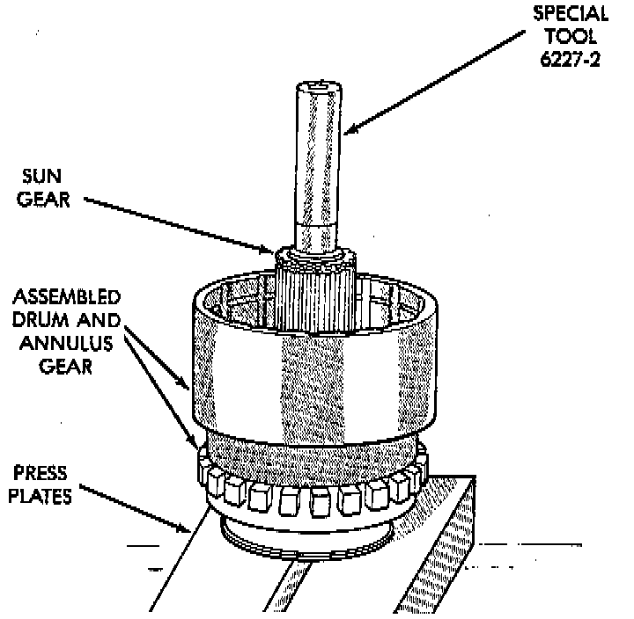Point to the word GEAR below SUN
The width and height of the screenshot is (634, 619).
coord(43,201)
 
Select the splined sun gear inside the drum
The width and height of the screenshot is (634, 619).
coord(313,290)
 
